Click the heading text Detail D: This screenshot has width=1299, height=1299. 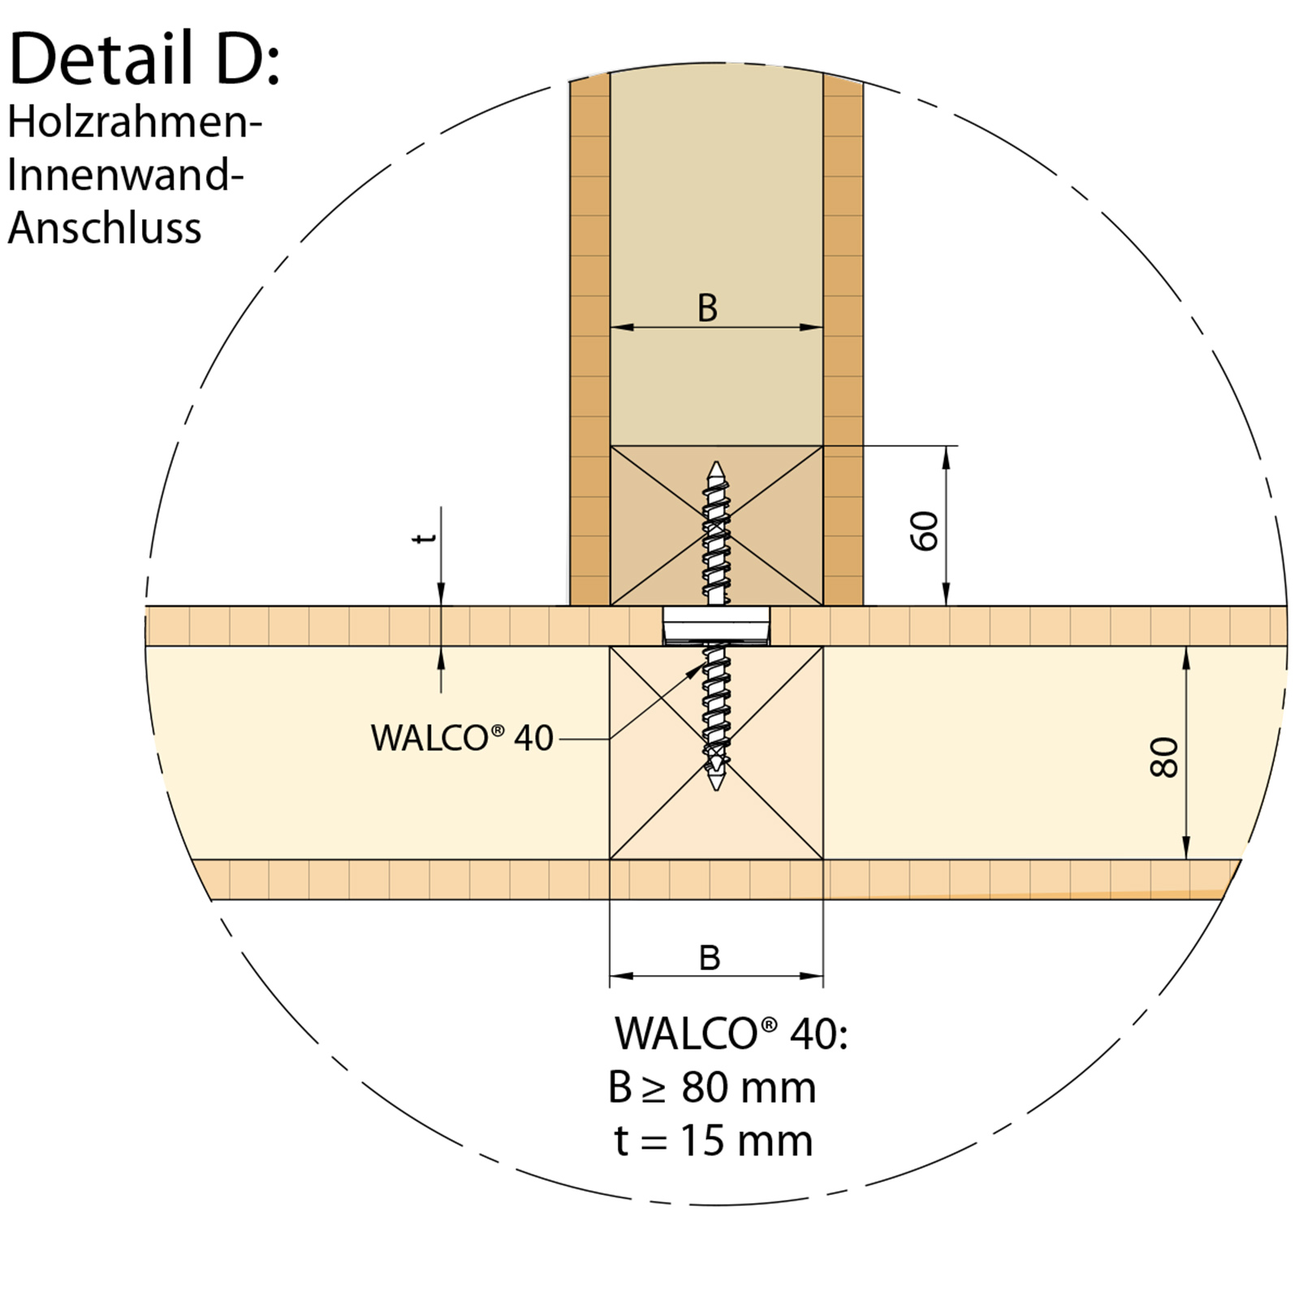coord(145,58)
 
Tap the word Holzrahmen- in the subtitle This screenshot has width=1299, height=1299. coord(135,123)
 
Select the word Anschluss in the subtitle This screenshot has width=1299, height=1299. coord(105,227)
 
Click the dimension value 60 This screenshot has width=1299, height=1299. coord(926,531)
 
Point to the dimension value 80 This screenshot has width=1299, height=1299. coord(1164,757)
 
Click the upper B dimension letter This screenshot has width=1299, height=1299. coord(708,309)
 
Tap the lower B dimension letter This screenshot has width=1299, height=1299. coord(710,958)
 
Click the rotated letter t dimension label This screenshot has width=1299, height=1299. coord(425,537)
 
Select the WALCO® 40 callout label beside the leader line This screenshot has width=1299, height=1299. coord(462,738)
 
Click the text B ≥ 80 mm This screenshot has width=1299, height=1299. coord(712,1087)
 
